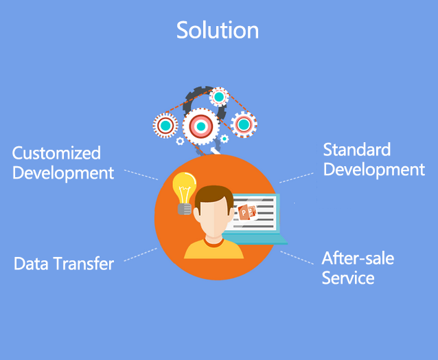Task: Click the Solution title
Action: point(218,30)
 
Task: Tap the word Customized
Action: point(56,153)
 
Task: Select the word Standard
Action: point(357,150)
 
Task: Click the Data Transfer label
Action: point(64,263)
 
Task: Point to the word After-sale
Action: point(358,258)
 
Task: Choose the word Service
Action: point(348,278)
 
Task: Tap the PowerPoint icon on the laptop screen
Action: point(247,213)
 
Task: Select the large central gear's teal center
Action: point(201,126)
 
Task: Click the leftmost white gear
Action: point(165,126)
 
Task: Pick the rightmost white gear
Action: point(244,124)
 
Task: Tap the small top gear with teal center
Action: point(219,97)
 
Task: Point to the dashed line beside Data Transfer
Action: point(141,255)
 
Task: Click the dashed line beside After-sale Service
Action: point(297,258)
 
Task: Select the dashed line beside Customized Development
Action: point(141,175)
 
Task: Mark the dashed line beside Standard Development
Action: point(297,178)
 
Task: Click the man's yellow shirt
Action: point(214,249)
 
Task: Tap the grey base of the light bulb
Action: point(185,209)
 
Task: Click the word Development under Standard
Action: point(374,170)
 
